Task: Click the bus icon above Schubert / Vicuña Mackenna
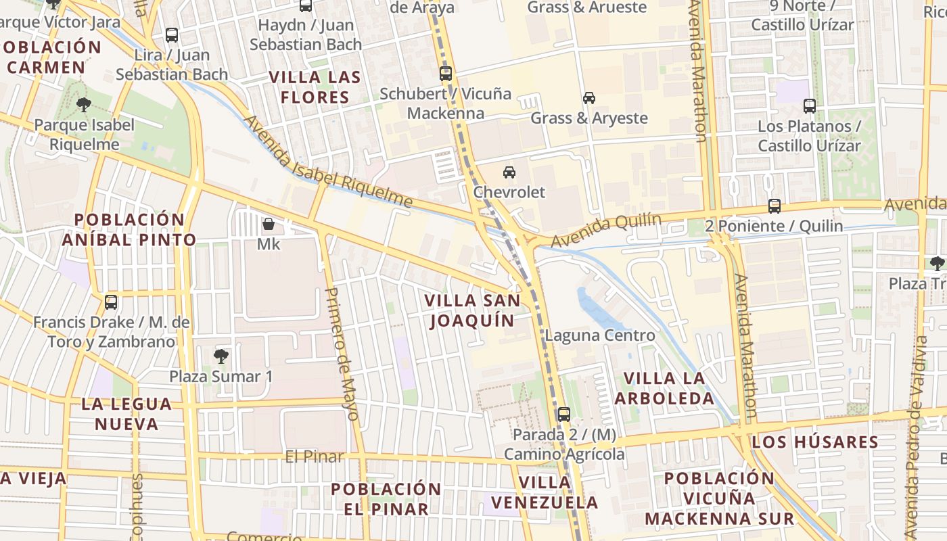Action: point(445,74)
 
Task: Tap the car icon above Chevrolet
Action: point(509,172)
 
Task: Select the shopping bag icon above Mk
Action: point(269,223)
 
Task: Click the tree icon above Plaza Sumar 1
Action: point(221,356)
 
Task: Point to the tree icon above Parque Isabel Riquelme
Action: point(84,104)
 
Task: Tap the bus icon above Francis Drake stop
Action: point(111,302)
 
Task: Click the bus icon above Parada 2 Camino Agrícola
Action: point(563,414)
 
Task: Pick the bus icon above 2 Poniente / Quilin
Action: point(775,206)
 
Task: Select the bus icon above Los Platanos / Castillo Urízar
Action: point(810,105)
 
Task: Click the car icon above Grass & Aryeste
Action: point(589,98)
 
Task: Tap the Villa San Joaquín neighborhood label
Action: point(472,310)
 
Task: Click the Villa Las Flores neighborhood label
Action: point(315,87)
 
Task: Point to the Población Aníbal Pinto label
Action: point(129,229)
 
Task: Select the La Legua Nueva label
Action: point(126,414)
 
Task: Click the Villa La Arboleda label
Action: point(664,387)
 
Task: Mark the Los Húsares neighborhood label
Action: point(815,442)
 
